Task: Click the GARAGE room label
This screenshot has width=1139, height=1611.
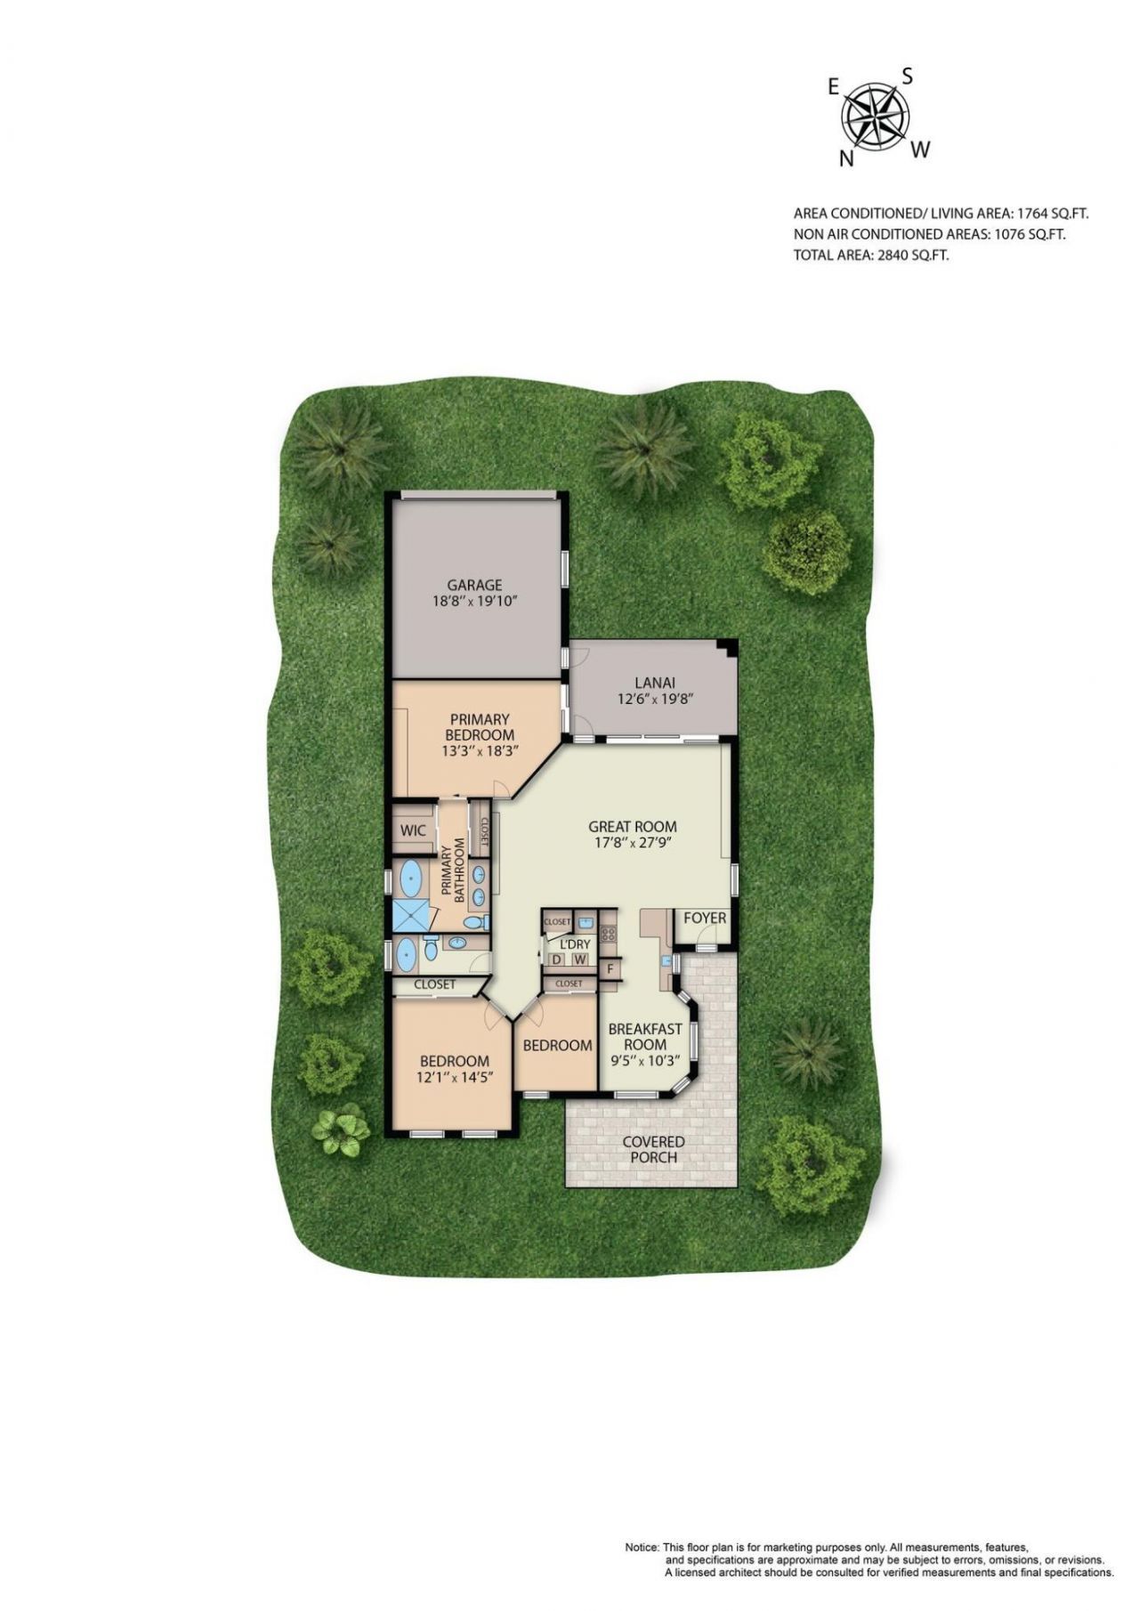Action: tap(474, 585)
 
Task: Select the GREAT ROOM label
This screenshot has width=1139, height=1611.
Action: tap(633, 827)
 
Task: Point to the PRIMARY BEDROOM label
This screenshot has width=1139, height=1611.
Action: tap(480, 727)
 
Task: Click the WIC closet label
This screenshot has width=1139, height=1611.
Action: tap(413, 830)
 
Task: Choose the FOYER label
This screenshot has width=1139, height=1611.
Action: tap(705, 919)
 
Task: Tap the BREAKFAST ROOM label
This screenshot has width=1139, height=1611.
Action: tap(645, 1036)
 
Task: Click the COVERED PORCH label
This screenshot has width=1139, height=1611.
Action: tap(653, 1149)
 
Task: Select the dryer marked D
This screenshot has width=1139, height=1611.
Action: tap(557, 959)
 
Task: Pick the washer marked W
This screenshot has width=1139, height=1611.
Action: tap(579, 959)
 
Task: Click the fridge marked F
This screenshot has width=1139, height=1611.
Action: tap(610, 968)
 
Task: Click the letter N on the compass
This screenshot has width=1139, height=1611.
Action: tap(847, 158)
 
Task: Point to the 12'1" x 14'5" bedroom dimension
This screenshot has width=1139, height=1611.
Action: tap(455, 1077)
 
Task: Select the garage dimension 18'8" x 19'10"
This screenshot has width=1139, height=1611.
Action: tap(474, 601)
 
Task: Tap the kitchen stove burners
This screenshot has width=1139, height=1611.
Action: tap(610, 934)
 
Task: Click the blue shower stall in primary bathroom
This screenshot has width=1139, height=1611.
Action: tap(409, 914)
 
